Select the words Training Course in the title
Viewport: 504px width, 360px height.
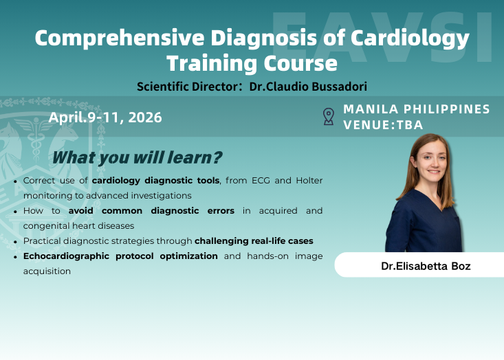coord(252,63)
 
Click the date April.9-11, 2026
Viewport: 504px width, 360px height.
coord(105,117)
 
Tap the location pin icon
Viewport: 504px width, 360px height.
coord(329,117)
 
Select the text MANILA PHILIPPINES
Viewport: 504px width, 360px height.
coord(417,109)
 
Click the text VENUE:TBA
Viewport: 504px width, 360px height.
coord(383,124)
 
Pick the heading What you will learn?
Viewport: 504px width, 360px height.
coord(138,157)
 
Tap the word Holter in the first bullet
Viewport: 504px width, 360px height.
coord(305,181)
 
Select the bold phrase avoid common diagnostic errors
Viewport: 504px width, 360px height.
coord(152,210)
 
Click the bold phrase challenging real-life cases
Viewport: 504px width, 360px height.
coord(254,241)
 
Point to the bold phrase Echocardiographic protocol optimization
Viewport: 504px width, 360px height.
coord(120,256)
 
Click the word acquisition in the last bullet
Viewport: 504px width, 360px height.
coord(47,271)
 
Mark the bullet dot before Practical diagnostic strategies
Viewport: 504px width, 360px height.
coord(16,242)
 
